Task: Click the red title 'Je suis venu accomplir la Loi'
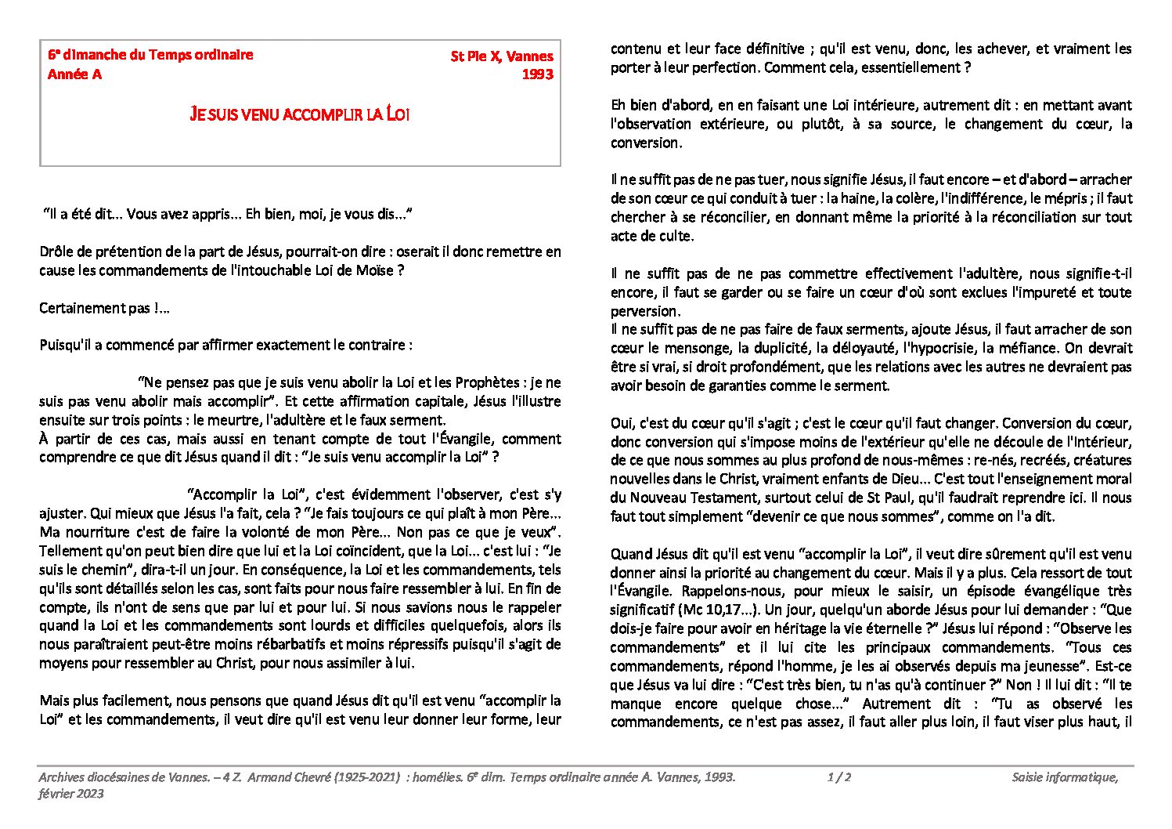pyautogui.click(x=300, y=114)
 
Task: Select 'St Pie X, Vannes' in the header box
pyautogui.click(x=501, y=56)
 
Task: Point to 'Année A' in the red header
pyautogui.click(x=74, y=74)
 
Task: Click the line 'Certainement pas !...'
pyautogui.click(x=105, y=308)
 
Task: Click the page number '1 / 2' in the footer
pyautogui.click(x=838, y=777)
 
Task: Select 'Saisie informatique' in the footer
pyautogui.click(x=1064, y=777)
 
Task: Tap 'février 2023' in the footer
pyautogui.click(x=71, y=793)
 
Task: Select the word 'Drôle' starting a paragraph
pyautogui.click(x=56, y=252)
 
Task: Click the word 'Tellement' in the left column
pyautogui.click(x=69, y=551)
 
